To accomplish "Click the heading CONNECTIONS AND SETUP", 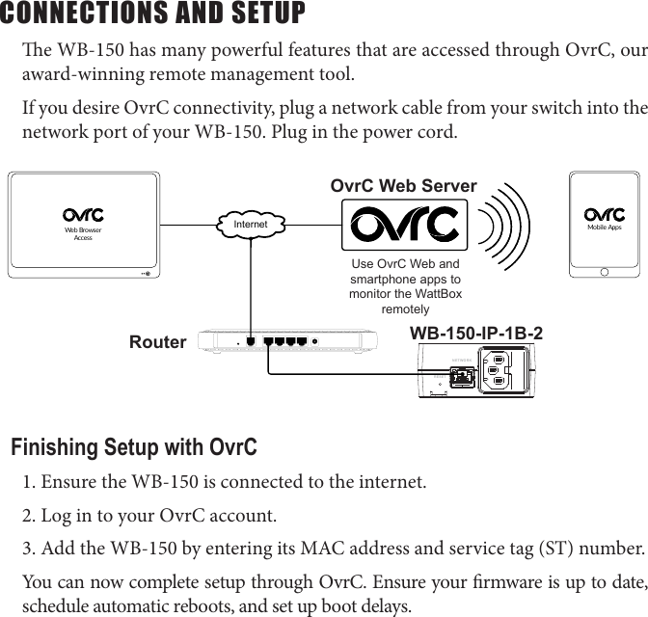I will [153, 14].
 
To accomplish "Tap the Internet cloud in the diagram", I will [250, 224].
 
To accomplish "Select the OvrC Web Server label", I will [403, 186].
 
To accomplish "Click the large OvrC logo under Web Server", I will [404, 225].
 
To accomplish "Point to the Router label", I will [158, 342].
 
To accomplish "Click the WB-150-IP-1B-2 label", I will [476, 334].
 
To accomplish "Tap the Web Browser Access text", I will [83, 233].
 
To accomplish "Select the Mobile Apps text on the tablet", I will [605, 228].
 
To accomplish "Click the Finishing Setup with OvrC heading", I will [134, 448].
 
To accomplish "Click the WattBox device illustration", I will [473, 370].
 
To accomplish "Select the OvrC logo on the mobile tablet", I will [605, 213].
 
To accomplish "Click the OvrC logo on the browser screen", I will [83, 214].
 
